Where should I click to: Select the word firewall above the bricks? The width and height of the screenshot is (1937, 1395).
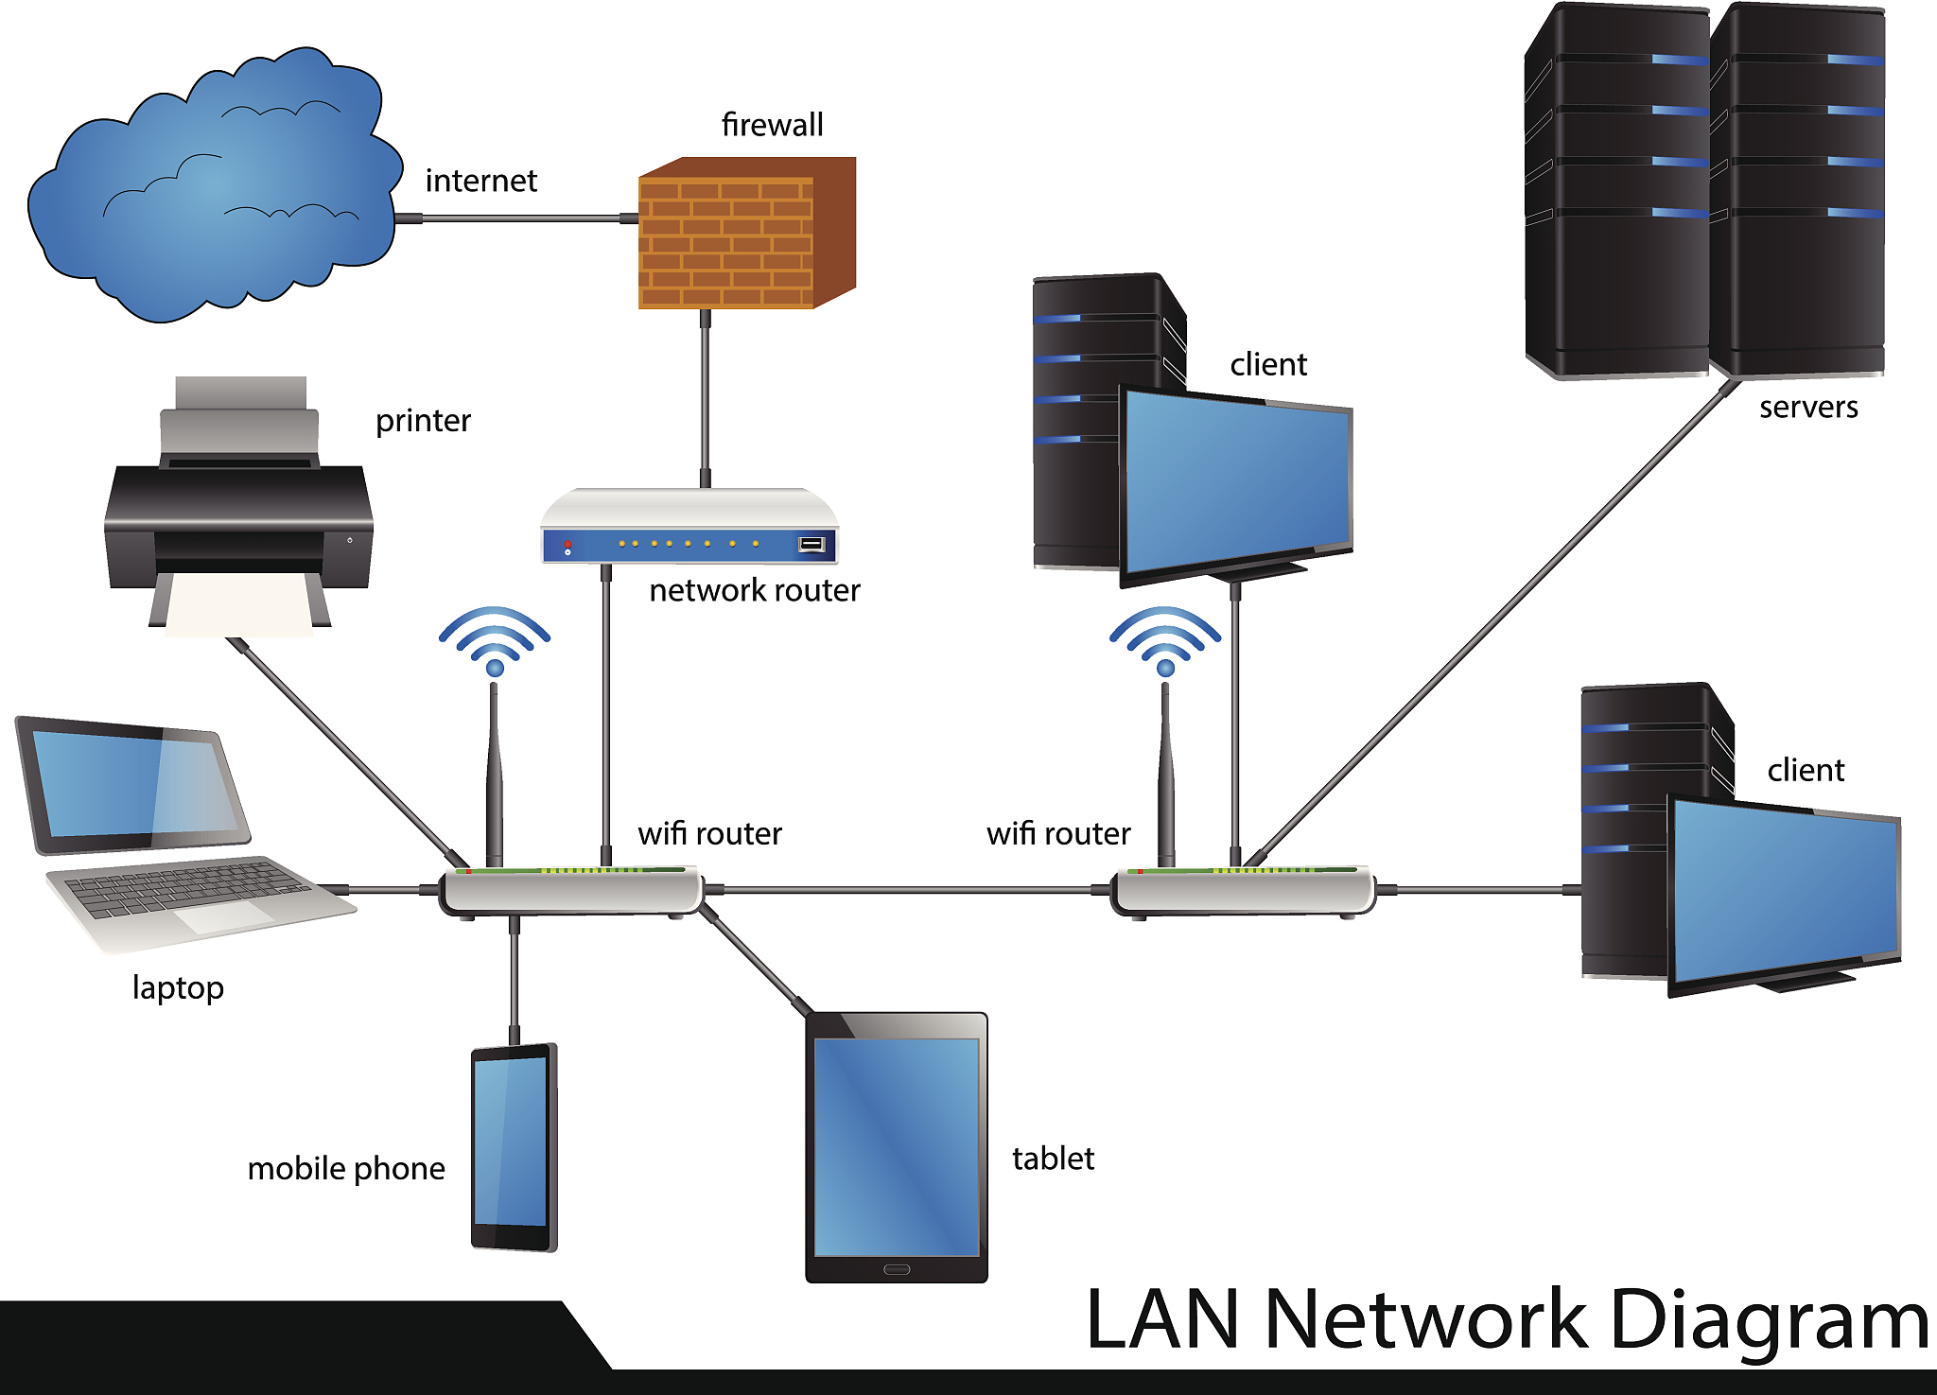[x=772, y=125]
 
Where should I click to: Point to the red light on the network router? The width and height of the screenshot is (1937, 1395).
[x=567, y=545]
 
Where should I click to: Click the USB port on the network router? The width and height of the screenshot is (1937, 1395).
[x=811, y=544]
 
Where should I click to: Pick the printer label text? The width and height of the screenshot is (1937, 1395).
[x=423, y=421]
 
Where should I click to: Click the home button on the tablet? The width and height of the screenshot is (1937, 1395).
[x=897, y=1269]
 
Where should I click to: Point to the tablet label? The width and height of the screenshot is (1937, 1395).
[x=1053, y=1159]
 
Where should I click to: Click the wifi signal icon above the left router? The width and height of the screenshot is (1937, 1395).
[x=494, y=638]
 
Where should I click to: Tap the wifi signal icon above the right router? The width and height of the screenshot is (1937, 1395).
[x=1165, y=638]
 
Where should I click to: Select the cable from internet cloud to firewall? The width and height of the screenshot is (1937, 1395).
[x=515, y=218]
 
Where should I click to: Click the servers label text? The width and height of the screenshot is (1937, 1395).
[x=1808, y=408]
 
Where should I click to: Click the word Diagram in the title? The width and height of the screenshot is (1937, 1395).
[x=1769, y=1319]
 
